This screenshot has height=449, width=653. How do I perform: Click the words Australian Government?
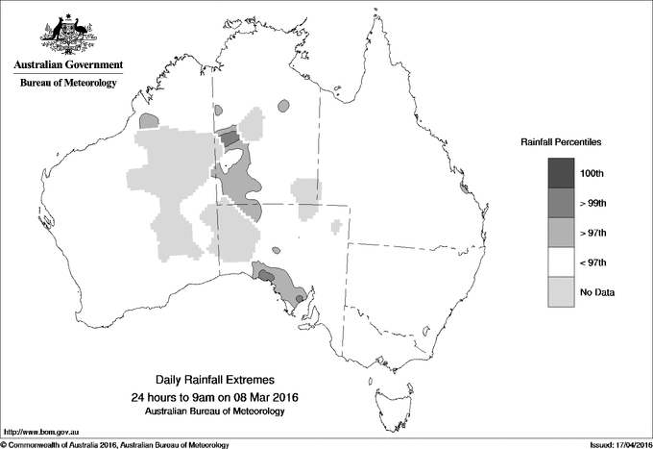pos(68,65)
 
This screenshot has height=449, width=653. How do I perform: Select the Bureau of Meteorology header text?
pos(68,84)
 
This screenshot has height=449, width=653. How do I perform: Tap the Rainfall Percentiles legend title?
pos(561,141)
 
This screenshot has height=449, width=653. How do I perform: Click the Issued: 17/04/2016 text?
pos(613,444)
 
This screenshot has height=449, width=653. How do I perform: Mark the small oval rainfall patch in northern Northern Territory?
pos(282,107)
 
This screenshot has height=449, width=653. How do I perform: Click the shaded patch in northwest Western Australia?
pos(148,121)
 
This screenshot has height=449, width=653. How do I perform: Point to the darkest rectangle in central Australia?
pos(230,139)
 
